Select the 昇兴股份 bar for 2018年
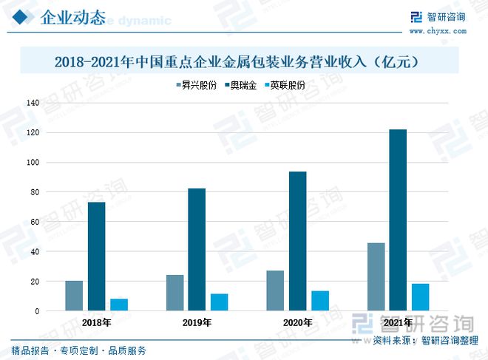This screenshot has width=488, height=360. [x=74, y=296]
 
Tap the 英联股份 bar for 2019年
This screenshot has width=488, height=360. [x=219, y=302]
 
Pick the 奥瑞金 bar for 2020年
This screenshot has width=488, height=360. [x=298, y=241]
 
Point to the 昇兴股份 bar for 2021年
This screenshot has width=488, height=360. [x=376, y=277]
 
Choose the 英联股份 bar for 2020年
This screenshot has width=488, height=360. [x=320, y=301]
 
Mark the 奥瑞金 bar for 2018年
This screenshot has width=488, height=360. [x=96, y=257]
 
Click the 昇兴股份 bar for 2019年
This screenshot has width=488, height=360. [x=174, y=293]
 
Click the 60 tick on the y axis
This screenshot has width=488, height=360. [x=34, y=222]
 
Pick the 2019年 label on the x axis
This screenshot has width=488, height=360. [x=197, y=323]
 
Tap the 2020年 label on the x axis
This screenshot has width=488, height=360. [x=297, y=323]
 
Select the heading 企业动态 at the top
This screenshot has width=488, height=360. [x=72, y=18]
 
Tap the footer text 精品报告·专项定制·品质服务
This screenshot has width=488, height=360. [x=78, y=350]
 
